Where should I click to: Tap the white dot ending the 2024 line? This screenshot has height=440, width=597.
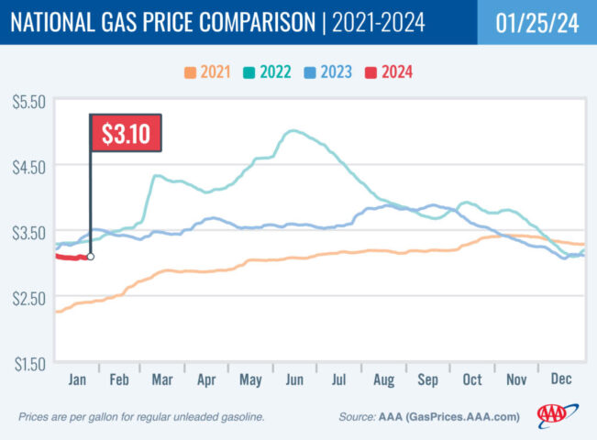click(90, 257)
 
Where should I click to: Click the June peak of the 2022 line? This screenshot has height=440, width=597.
click(292, 131)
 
